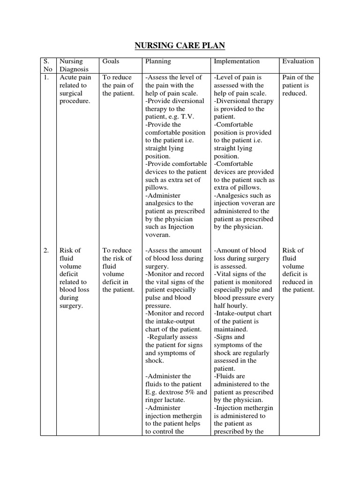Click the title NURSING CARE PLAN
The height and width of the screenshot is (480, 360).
pyautogui.click(x=180, y=45)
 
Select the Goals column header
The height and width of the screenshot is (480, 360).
pyautogui.click(x=111, y=61)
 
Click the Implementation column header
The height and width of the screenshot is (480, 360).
pyautogui.click(x=236, y=61)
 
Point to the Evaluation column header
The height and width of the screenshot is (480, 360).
pyautogui.click(x=298, y=61)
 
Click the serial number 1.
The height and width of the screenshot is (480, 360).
pyautogui.click(x=46, y=77)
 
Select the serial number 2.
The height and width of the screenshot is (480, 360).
pyautogui.click(x=46, y=250)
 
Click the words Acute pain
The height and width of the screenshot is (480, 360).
pyautogui.click(x=75, y=77)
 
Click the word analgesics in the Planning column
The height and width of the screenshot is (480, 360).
pyautogui.click(x=162, y=203)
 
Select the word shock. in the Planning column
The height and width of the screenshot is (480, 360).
pyautogui.click(x=155, y=360)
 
